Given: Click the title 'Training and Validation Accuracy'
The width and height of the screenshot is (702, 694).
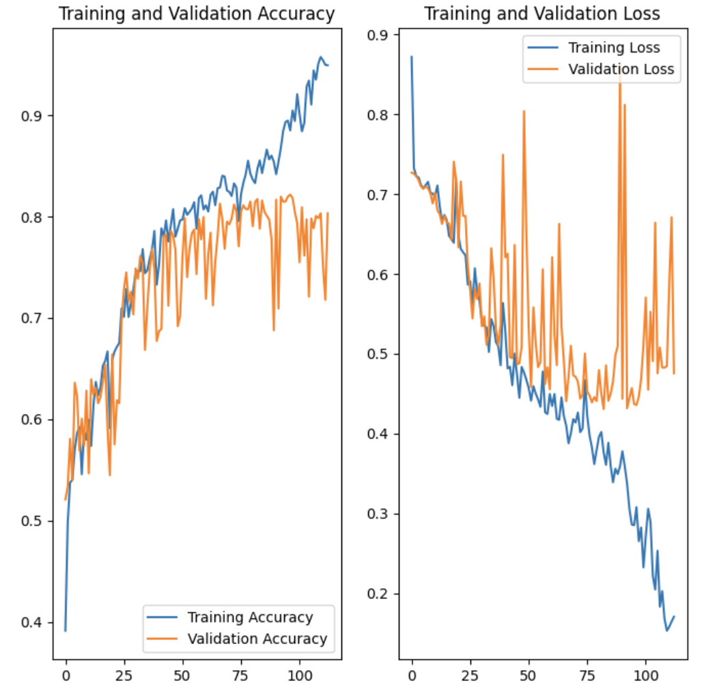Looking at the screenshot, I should pos(197,14).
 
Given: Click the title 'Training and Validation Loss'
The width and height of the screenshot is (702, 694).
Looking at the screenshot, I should pos(542,14).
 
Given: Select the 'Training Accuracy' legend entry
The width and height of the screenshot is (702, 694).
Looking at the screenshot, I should pos(250,617).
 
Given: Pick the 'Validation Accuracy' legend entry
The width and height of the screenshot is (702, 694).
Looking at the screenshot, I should pos(257,639).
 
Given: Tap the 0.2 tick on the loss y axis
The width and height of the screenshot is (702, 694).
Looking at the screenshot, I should pos(380,594).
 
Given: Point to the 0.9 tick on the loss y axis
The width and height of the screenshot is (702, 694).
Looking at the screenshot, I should pos(380,36).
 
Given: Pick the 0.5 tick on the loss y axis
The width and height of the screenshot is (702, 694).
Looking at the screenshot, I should pos(380,355).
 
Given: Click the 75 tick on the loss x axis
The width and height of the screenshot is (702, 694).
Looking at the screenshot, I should pos(587,676).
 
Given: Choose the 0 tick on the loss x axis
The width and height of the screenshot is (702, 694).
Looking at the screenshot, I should pos(412,676).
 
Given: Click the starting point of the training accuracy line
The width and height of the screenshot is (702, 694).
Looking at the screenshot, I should pos(66,630).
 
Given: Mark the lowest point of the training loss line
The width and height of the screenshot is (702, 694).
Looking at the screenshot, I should pos(666,630).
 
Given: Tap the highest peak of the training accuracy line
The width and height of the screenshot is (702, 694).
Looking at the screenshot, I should pos(320,57).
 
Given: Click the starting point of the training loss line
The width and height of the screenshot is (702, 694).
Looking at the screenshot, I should pos(411,57).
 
